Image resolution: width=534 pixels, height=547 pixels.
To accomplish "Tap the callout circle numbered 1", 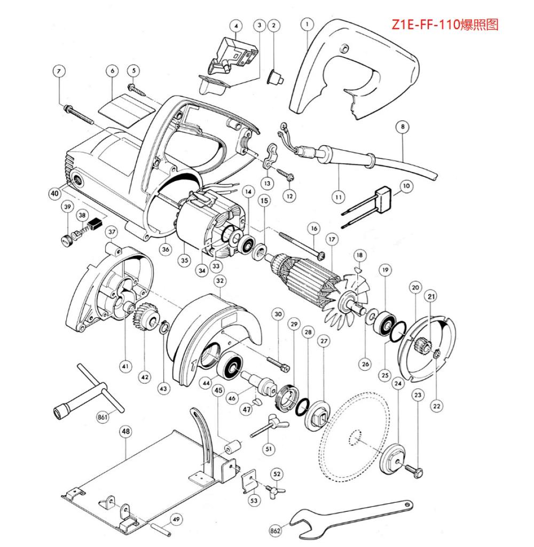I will pyautogui.click(x=307, y=24).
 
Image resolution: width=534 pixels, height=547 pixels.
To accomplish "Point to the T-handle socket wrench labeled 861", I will pyautogui.click(x=85, y=393).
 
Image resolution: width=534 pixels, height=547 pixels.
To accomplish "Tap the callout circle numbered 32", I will pyautogui.click(x=219, y=281).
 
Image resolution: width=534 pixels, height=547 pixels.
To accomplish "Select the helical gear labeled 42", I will pyautogui.click(x=142, y=317).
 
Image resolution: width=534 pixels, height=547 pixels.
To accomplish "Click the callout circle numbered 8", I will pyautogui.click(x=403, y=127).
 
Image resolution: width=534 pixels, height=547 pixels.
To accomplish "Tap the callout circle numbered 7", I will pyautogui.click(x=59, y=71).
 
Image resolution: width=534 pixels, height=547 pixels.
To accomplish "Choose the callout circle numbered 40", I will pyautogui.click(x=54, y=193).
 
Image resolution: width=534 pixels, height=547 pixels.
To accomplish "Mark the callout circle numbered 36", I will pyautogui.click(x=166, y=249).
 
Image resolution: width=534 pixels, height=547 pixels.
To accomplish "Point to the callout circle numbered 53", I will pyautogui.click(x=254, y=500).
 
